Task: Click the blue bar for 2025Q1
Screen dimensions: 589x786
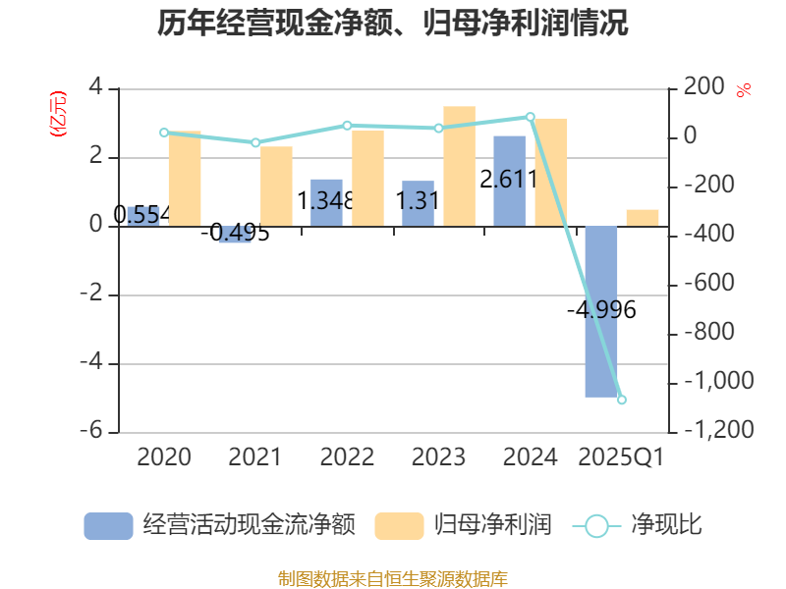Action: pyautogui.click(x=601, y=311)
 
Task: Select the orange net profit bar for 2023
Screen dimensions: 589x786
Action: pyautogui.click(x=459, y=166)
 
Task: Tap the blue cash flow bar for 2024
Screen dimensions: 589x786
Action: pyautogui.click(x=509, y=181)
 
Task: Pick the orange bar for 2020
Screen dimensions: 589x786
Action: pyautogui.click(x=185, y=178)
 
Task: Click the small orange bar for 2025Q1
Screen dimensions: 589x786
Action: pyautogui.click(x=643, y=217)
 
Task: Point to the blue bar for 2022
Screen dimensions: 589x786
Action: pyautogui.click(x=326, y=202)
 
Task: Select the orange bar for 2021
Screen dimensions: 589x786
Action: pyautogui.click(x=276, y=186)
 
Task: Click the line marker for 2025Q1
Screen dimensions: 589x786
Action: pyautogui.click(x=621, y=400)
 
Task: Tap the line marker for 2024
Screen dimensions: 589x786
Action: pyautogui.click(x=531, y=117)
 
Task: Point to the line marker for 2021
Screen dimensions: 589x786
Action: pyautogui.click(x=255, y=142)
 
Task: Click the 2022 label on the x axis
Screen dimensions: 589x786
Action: pyautogui.click(x=347, y=456)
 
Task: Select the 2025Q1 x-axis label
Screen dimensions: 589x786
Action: pyautogui.click(x=621, y=456)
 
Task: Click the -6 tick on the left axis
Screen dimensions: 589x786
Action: pyautogui.click(x=96, y=431)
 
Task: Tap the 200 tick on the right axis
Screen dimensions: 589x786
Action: pyautogui.click(x=703, y=87)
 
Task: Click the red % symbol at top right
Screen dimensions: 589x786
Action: pyautogui.click(x=744, y=89)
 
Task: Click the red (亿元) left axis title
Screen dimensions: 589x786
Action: pyautogui.click(x=58, y=113)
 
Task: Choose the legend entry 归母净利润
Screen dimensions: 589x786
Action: pyautogui.click(x=463, y=525)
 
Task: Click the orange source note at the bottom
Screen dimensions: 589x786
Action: pyautogui.click(x=393, y=578)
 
